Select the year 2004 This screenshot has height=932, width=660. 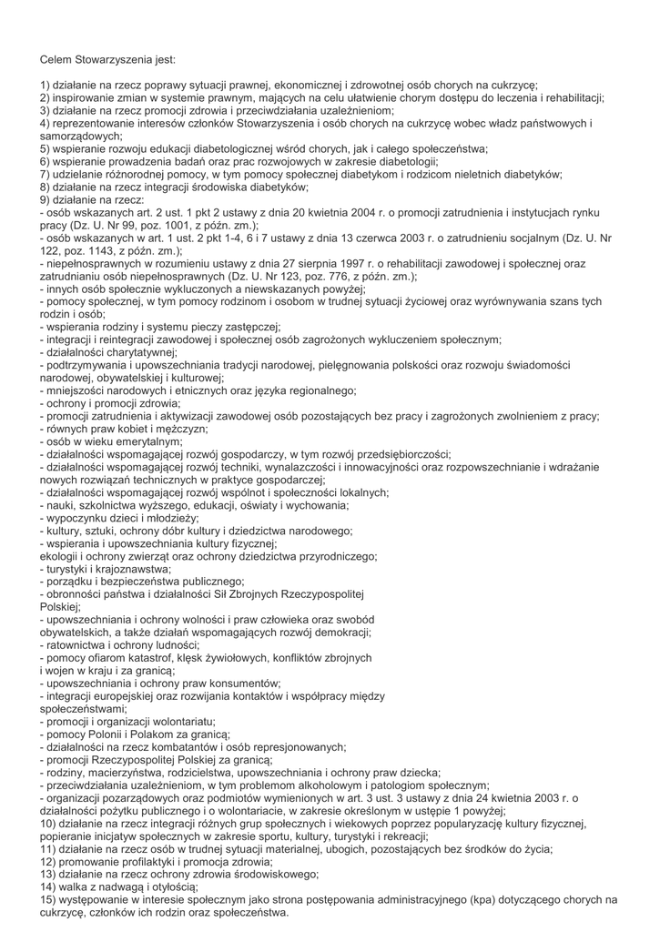pos(339,212)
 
